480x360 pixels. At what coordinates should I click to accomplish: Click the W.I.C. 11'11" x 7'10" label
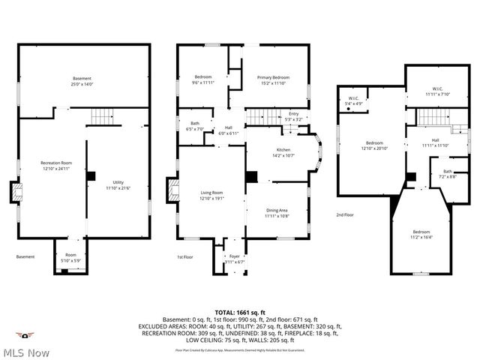436,91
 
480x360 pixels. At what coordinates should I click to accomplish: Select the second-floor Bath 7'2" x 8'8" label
447,173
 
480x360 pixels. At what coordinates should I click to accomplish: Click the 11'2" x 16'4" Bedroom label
421,234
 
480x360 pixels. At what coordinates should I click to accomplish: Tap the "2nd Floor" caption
346,214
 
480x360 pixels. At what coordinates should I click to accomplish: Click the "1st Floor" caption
185,256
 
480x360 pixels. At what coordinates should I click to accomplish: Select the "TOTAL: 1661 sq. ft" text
240,311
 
